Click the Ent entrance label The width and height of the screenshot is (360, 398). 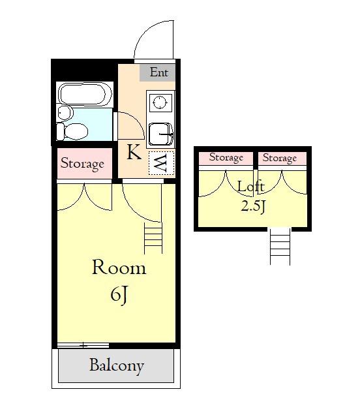[159, 72]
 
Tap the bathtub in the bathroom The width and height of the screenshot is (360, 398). [85, 95]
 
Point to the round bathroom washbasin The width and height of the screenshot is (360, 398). [65, 114]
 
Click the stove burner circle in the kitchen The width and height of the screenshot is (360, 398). [160, 102]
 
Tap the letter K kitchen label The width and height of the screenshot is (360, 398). [134, 152]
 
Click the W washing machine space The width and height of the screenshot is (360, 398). [161, 163]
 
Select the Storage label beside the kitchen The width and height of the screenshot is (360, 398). [82, 164]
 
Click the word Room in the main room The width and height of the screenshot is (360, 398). [119, 267]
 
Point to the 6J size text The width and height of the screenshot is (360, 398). [119, 295]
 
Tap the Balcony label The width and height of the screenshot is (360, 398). [117, 366]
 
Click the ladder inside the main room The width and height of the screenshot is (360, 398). [153, 238]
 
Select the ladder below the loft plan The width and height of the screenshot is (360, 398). [280, 247]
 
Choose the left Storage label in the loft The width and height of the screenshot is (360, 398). [226, 158]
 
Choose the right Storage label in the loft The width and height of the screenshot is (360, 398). [280, 158]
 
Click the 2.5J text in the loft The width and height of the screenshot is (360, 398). [253, 207]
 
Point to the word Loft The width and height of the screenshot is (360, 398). [251, 187]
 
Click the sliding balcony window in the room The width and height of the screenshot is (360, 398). [83, 345]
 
